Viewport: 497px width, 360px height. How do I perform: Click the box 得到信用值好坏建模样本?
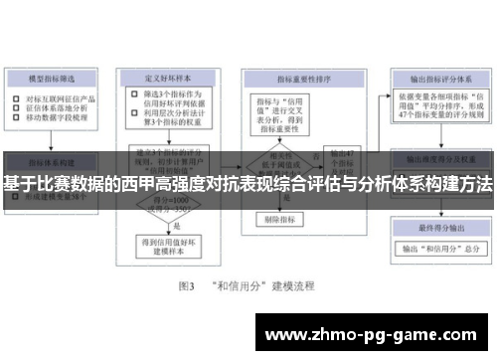click(x=167, y=245)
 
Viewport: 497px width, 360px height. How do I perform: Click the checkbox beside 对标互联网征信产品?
click(x=17, y=98)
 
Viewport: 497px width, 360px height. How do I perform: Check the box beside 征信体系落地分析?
click(x=17, y=108)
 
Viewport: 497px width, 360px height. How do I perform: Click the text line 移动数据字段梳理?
click(x=61, y=118)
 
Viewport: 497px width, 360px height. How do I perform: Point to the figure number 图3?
click(x=185, y=285)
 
